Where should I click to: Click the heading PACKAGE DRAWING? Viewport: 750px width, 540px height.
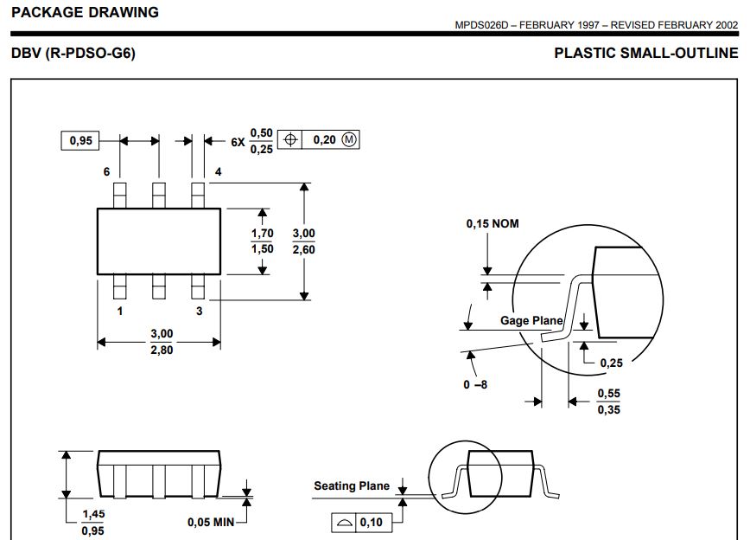click(x=85, y=12)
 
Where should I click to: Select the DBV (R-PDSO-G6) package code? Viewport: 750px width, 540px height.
click(x=73, y=54)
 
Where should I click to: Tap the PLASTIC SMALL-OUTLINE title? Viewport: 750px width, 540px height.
click(x=645, y=54)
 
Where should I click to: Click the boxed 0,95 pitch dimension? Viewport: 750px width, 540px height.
click(x=81, y=140)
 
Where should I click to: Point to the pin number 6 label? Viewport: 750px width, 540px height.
click(x=106, y=172)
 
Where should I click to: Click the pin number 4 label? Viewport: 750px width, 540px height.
click(x=218, y=172)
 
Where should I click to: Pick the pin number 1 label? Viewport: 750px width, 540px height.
click(x=119, y=311)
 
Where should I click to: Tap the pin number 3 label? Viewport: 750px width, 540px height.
click(x=199, y=311)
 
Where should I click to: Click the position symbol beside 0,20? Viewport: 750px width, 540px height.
click(x=291, y=140)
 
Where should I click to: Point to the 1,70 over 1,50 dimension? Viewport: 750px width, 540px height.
click(x=262, y=241)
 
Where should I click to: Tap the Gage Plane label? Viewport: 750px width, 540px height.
click(x=531, y=321)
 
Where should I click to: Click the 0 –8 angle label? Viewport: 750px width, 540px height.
click(x=475, y=383)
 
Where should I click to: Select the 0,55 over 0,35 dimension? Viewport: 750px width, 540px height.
click(x=608, y=402)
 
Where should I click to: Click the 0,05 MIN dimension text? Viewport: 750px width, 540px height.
click(x=211, y=522)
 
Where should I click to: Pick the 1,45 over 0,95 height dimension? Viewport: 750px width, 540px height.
click(x=92, y=523)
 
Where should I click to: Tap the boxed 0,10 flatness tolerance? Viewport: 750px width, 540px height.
click(x=372, y=522)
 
